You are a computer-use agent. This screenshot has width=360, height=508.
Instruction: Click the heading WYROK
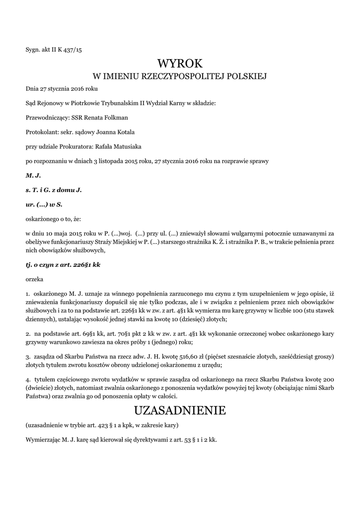tap(180, 63)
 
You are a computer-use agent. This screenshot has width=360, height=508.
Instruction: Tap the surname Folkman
tap(114, 118)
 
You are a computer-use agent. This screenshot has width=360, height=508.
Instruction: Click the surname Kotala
tap(123, 132)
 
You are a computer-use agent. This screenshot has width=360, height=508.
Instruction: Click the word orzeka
tap(35, 279)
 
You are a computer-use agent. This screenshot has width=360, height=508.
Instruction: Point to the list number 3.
tap(27, 357)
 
